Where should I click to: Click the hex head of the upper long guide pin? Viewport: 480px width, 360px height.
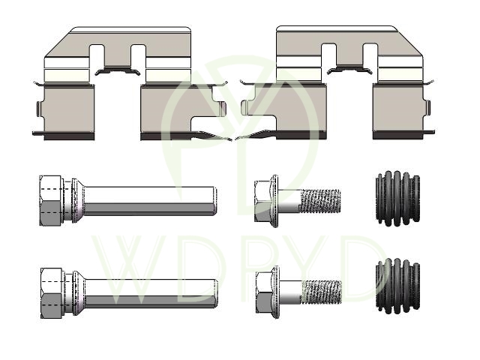point(51,200)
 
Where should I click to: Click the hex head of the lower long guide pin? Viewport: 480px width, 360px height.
point(52,293)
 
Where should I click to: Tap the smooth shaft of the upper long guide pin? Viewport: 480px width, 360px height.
point(150,200)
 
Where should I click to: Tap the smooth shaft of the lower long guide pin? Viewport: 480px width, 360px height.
point(151,293)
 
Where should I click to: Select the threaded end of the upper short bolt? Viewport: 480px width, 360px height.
point(321,201)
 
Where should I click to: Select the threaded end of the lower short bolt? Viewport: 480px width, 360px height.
point(322,292)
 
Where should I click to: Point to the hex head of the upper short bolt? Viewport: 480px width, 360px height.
point(263,201)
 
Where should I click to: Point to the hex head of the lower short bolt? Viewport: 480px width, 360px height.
point(265,292)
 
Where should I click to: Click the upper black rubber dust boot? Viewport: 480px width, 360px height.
point(397,198)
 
